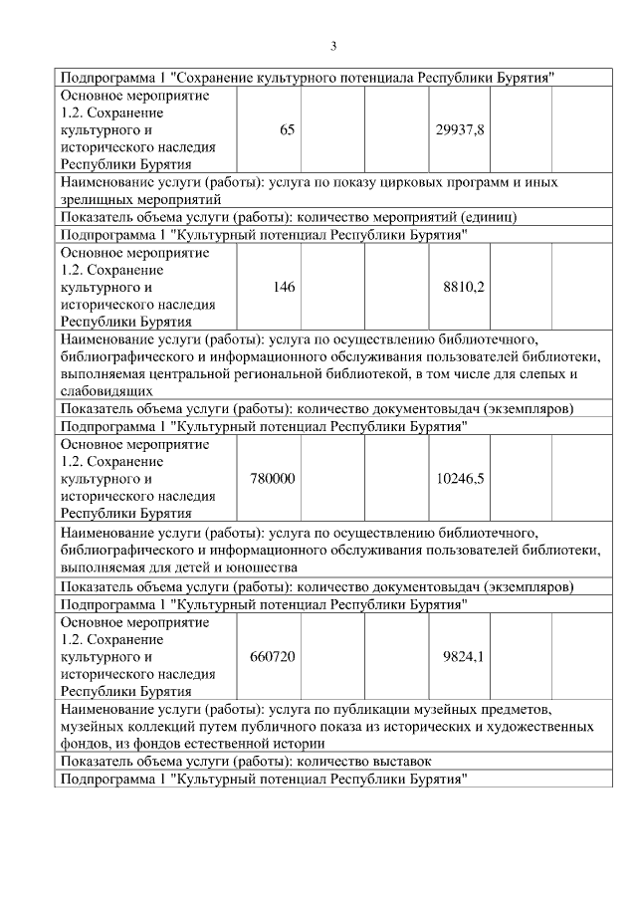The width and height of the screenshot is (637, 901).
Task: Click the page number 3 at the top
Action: coord(333,46)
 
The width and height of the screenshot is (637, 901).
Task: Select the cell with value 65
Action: coord(287,130)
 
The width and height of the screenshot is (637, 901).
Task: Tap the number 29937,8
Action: coord(460,130)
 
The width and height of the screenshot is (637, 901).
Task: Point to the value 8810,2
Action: coord(463,287)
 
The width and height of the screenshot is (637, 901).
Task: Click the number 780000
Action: coord(271,479)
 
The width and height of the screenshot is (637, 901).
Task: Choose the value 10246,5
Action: coord(460,479)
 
